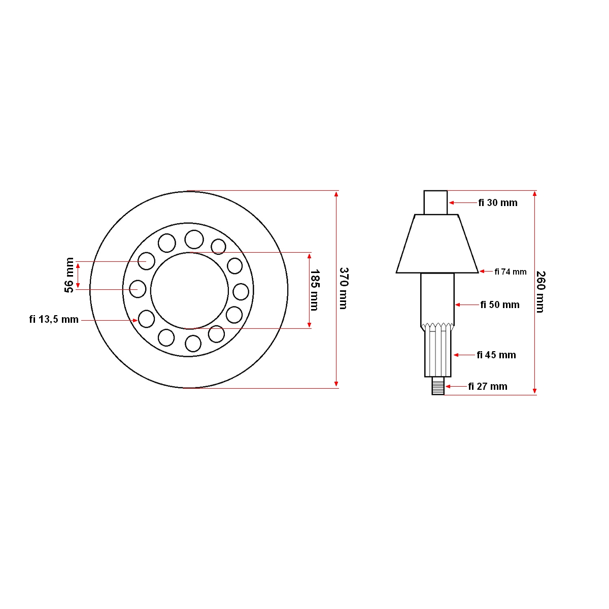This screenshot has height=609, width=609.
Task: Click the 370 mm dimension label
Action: point(344,288)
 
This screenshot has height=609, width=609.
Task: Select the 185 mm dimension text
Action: point(315,290)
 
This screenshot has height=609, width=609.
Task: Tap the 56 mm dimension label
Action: point(69,275)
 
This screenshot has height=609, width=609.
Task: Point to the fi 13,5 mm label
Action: point(54,320)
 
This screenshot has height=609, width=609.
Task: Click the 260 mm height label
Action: point(540,292)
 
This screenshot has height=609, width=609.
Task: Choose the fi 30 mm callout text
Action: point(498,202)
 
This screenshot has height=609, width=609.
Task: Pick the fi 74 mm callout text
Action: point(511,272)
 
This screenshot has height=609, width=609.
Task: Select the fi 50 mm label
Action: point(500,304)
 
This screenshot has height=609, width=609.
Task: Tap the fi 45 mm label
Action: point(496,355)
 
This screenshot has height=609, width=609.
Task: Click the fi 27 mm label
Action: point(488,386)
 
